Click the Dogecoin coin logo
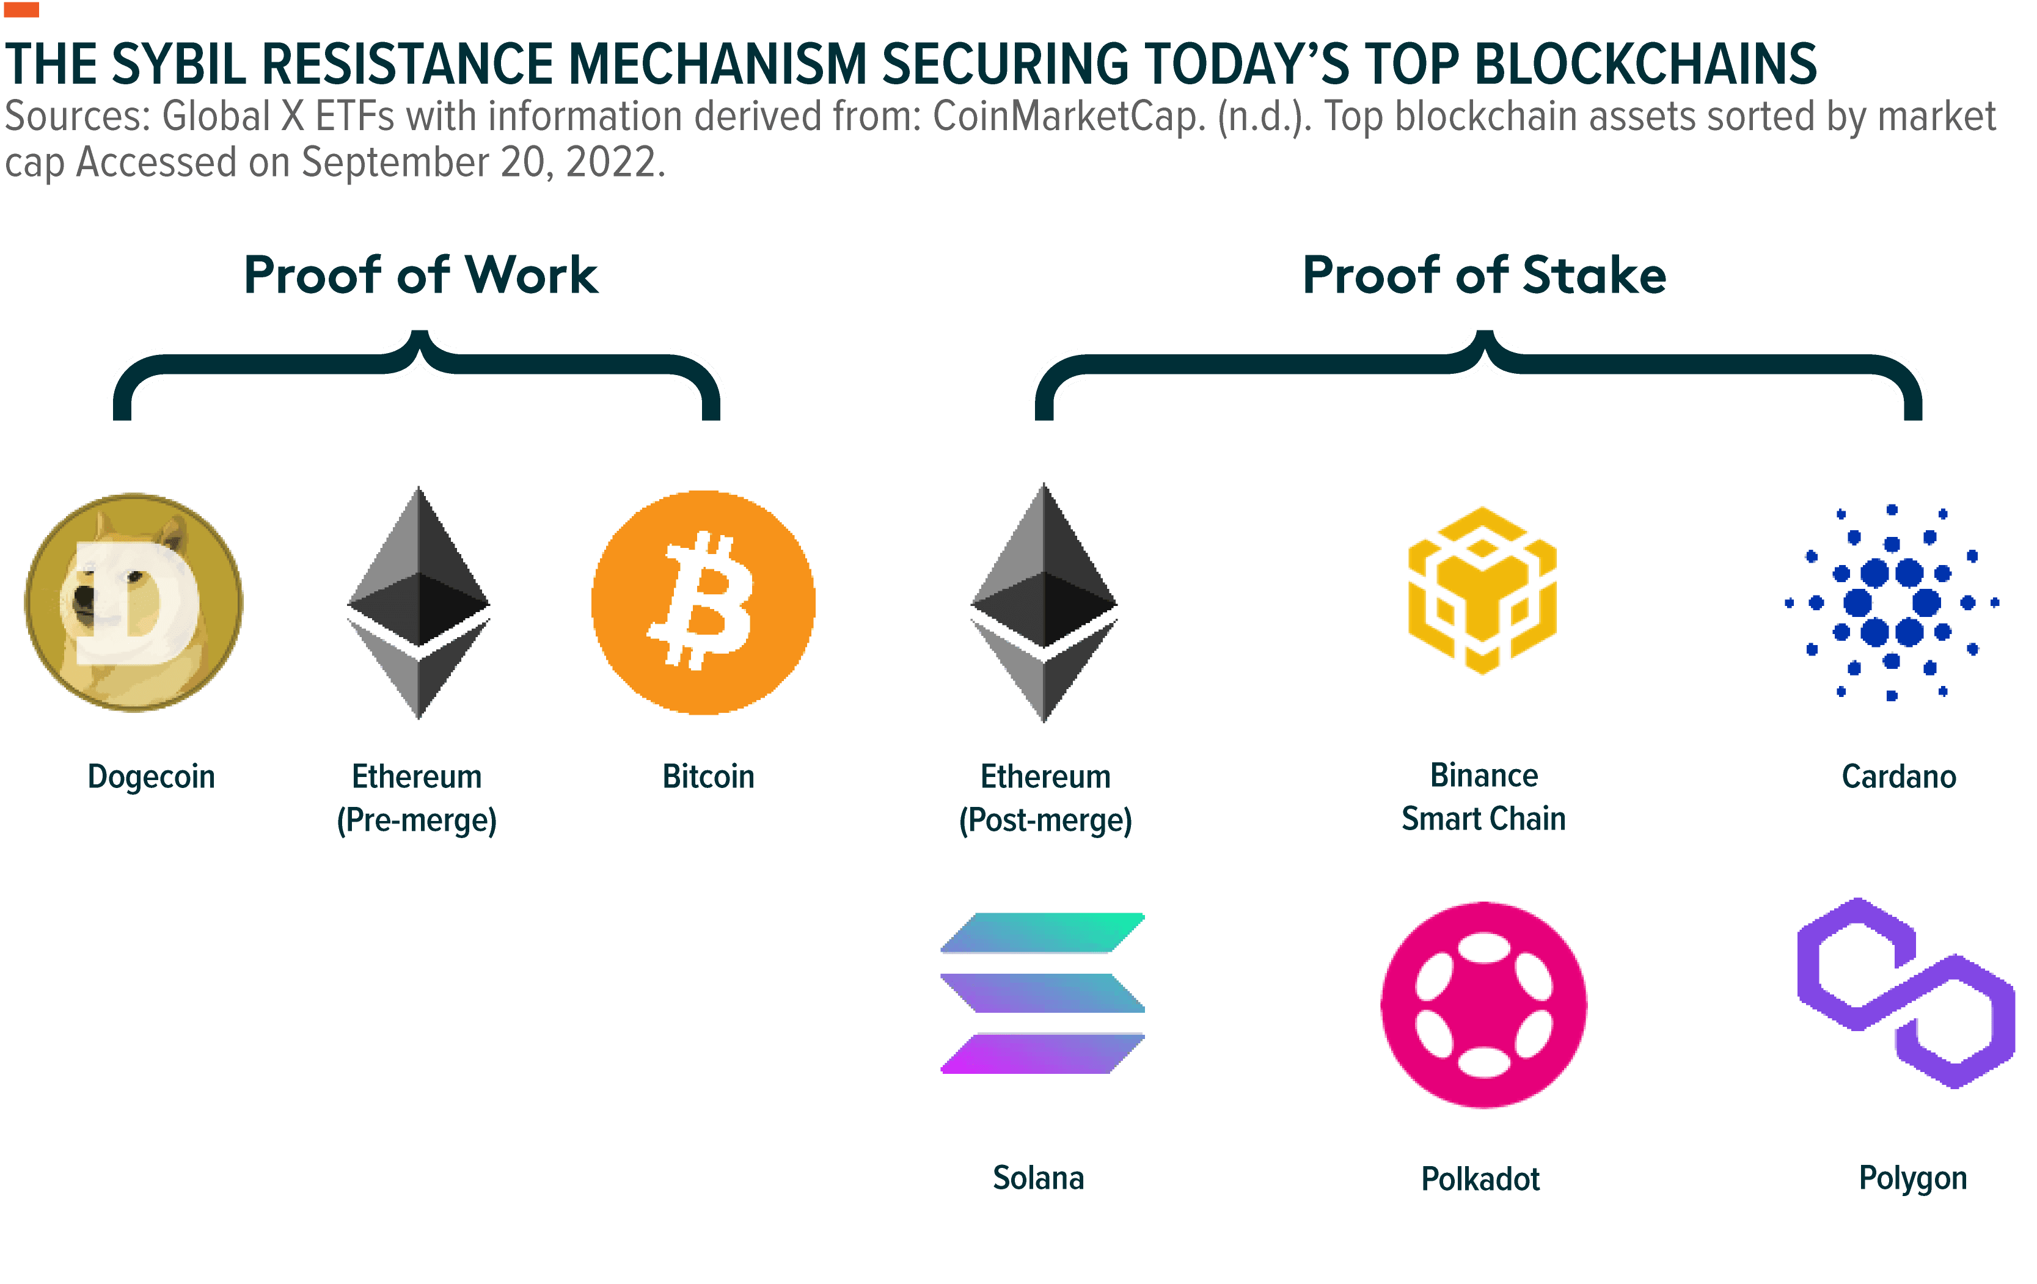pyautogui.click(x=134, y=602)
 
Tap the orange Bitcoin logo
pyautogui.click(x=703, y=602)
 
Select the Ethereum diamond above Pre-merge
pyautogui.click(x=419, y=602)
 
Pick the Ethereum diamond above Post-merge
pyautogui.click(x=1045, y=602)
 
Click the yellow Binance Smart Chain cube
pyautogui.click(x=1482, y=591)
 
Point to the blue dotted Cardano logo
pyautogui.click(x=1892, y=602)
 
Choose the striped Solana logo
pyautogui.click(x=1043, y=993)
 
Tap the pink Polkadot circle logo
pyautogui.click(x=1484, y=1005)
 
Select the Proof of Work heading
pyautogui.click(x=420, y=275)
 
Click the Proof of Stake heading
pyautogui.click(x=1484, y=275)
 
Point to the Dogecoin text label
pyautogui.click(x=152, y=776)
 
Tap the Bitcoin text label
pyautogui.click(x=708, y=776)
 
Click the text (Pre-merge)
pyautogui.click(x=417, y=820)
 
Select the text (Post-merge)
pyautogui.click(x=1045, y=820)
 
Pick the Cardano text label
pyautogui.click(x=1899, y=776)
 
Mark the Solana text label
pyautogui.click(x=1038, y=1178)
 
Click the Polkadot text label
pyautogui.click(x=1480, y=1178)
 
